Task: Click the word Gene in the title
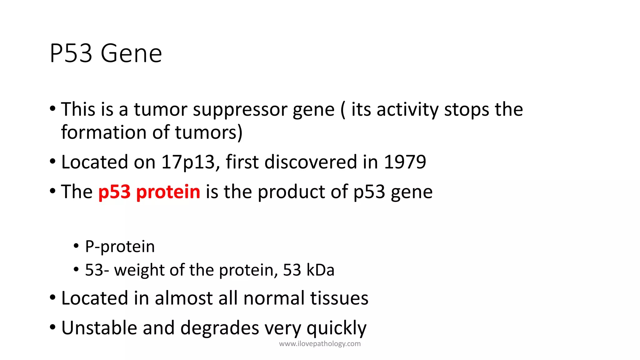131,54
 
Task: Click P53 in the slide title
71,54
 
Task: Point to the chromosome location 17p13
188,162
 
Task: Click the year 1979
405,162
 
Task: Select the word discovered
311,162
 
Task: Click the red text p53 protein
149,192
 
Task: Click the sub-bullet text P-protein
120,247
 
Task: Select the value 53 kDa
308,270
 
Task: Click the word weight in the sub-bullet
138,270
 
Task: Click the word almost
184,298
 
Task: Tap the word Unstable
99,328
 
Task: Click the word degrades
219,328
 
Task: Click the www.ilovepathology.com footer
320,344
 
